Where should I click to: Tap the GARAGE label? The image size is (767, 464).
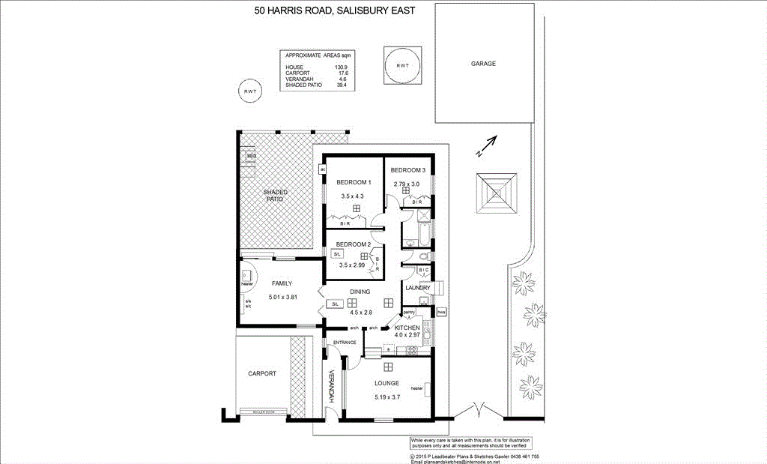click(483, 64)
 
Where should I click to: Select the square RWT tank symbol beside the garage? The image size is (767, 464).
click(403, 66)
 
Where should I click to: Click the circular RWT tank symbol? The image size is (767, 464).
click(249, 91)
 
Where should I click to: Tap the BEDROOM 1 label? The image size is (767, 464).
click(354, 183)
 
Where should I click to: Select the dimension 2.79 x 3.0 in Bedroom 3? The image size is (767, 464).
click(407, 183)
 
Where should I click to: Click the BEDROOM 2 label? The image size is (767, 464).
click(354, 244)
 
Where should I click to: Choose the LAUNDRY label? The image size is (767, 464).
click(416, 288)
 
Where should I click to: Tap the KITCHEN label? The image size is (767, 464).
click(407, 328)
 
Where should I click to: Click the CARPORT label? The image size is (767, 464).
click(262, 373)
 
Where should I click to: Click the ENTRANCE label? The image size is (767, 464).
click(345, 343)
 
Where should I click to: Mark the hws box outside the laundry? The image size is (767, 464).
click(441, 311)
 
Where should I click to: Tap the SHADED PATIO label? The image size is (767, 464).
click(275, 196)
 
